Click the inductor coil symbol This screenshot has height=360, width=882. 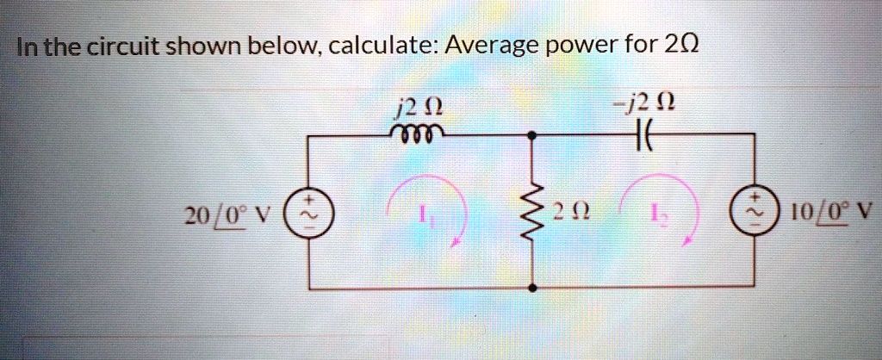click(418, 133)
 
